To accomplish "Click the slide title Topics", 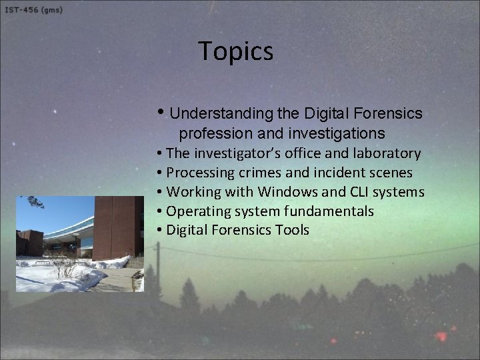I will [x=235, y=51].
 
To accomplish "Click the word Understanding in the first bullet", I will [x=217, y=114].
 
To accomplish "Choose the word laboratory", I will [x=387, y=154].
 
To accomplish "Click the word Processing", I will [x=199, y=173].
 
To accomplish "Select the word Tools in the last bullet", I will [x=290, y=231].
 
